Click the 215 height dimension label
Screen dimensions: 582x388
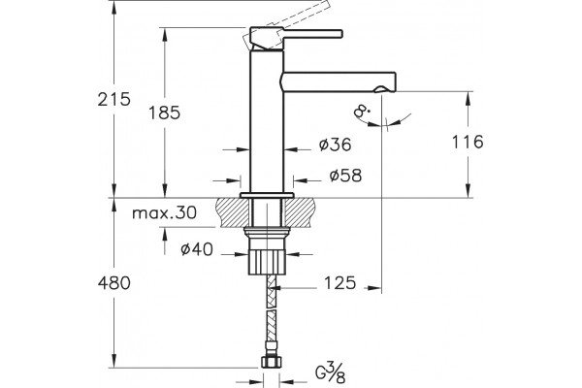(x=113, y=99)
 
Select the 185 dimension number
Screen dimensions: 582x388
(x=164, y=113)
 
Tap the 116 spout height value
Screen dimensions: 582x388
(x=468, y=142)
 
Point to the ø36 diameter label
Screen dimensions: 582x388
(x=335, y=145)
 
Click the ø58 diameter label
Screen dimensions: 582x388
(x=345, y=176)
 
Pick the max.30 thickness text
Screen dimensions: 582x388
(x=165, y=213)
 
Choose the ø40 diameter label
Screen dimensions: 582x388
(x=197, y=249)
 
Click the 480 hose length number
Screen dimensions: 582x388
(x=113, y=283)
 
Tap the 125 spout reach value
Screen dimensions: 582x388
(x=340, y=283)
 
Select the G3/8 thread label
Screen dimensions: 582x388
(x=331, y=372)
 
